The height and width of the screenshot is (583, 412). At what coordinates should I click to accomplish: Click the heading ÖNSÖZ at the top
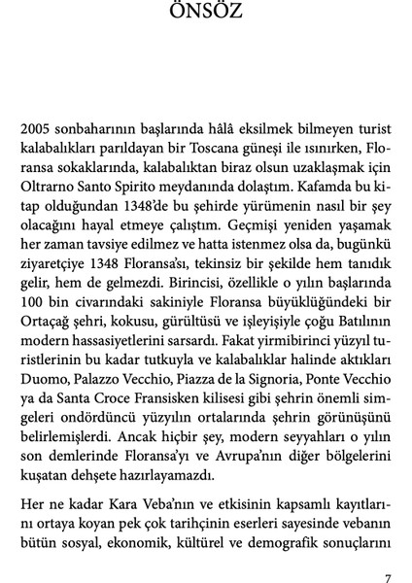click(205, 15)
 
